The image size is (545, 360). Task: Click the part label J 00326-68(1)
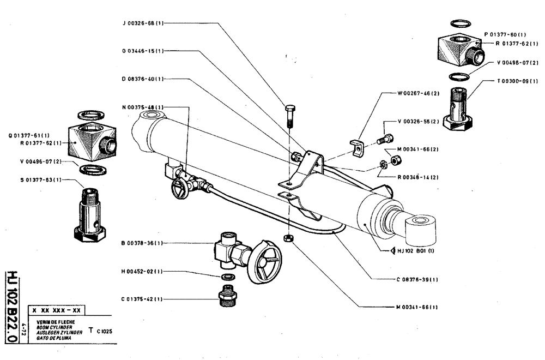click(143, 23)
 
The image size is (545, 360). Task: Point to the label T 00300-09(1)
click(517, 81)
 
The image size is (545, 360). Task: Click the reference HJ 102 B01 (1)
click(409, 252)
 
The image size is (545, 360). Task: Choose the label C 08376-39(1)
click(417, 279)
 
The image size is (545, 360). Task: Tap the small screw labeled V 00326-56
click(385, 139)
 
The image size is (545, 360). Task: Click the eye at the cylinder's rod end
click(422, 229)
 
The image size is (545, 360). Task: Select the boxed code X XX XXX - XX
click(56, 310)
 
